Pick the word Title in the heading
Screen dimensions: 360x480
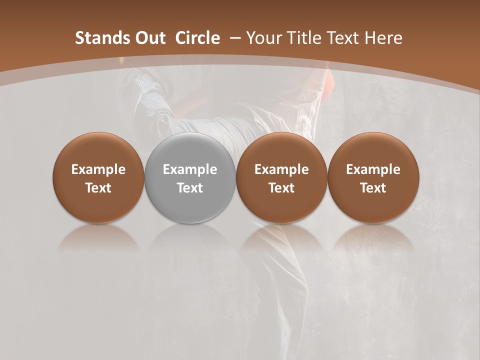point(303,38)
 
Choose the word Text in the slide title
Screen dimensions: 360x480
point(343,38)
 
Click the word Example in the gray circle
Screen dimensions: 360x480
point(190,169)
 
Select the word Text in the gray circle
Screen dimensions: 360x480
point(190,188)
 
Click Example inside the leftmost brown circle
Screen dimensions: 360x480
point(98,169)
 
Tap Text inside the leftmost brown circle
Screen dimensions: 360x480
point(98,188)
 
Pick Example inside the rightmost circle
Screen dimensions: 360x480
point(373,169)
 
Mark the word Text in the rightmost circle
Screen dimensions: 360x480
point(373,188)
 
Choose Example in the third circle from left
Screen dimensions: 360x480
point(281,169)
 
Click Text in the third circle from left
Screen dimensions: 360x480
point(281,188)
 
